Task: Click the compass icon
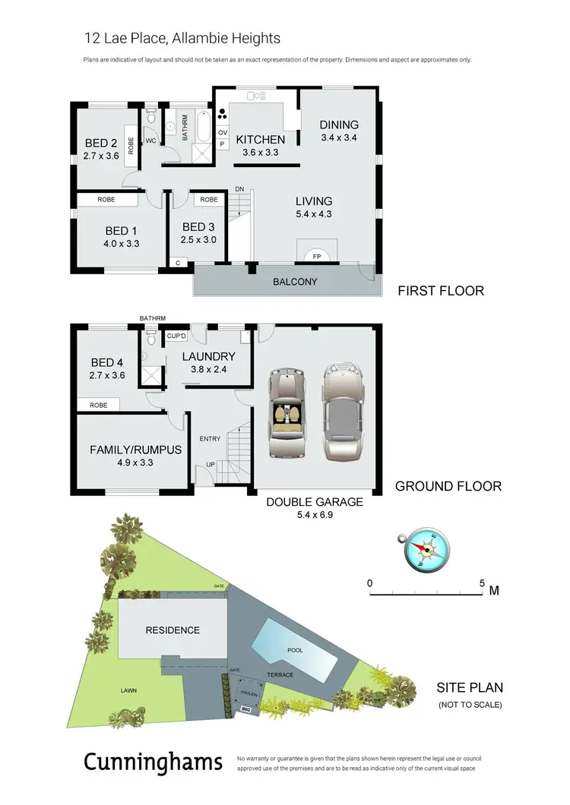(x=423, y=549)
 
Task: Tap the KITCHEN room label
(x=260, y=140)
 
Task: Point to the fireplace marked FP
(x=317, y=257)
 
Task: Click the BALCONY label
(x=296, y=282)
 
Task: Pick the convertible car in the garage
(x=288, y=414)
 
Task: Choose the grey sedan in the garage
(x=342, y=412)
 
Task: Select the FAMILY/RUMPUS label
(x=135, y=450)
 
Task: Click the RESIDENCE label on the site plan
(x=173, y=630)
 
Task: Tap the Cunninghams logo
(x=153, y=762)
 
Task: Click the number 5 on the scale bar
(x=482, y=583)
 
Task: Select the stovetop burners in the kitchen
(x=222, y=116)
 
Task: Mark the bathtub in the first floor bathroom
(x=203, y=127)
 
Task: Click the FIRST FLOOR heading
(x=441, y=291)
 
